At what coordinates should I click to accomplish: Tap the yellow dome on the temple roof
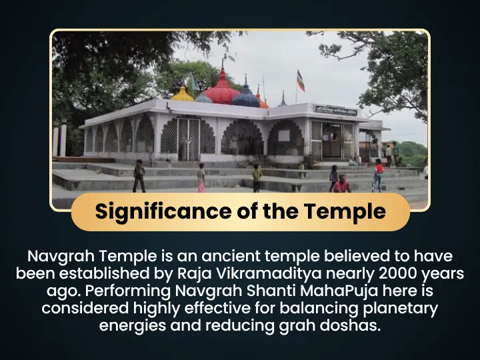coord(182,94)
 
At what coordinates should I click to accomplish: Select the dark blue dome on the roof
coord(246,97)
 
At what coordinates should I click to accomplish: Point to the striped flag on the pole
coord(301,81)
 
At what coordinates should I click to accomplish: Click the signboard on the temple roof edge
coord(336,110)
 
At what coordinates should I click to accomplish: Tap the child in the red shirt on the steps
coord(378,175)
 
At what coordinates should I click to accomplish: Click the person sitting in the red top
coord(341,184)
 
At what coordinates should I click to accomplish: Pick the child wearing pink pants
coord(201,177)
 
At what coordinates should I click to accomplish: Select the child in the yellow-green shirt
coord(257,178)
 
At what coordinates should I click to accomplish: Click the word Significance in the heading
coord(163,211)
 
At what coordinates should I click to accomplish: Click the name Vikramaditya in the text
coord(269,273)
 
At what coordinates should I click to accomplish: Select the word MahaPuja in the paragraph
coord(339,291)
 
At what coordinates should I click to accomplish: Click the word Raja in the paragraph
coord(195,274)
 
